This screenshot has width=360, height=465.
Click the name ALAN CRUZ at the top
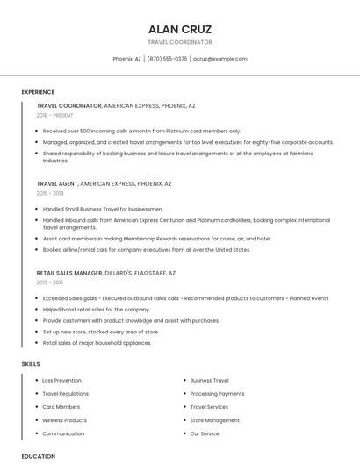pos(180,29)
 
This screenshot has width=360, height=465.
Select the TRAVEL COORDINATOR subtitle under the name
pos(180,42)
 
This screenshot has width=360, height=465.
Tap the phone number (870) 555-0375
pos(167,59)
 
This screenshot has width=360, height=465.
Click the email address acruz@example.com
pos(220,59)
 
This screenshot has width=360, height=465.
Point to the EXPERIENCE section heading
pos(38,92)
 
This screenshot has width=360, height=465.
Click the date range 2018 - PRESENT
pos(54,115)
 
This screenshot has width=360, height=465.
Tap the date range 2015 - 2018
pos(50,193)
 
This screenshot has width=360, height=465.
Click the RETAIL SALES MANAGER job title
pos(69,273)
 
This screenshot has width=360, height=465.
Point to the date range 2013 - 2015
pos(50,283)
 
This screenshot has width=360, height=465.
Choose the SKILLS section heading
pos(31,363)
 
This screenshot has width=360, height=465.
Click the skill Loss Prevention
pos(61,381)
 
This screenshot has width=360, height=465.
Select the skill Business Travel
pos(209,381)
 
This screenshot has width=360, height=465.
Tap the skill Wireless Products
pos(64,420)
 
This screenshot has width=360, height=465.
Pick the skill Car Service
pos(205,433)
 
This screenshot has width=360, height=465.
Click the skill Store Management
pos(214,420)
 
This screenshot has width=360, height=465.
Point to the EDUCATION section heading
pos(38,456)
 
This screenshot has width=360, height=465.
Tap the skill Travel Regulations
pos(65,394)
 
